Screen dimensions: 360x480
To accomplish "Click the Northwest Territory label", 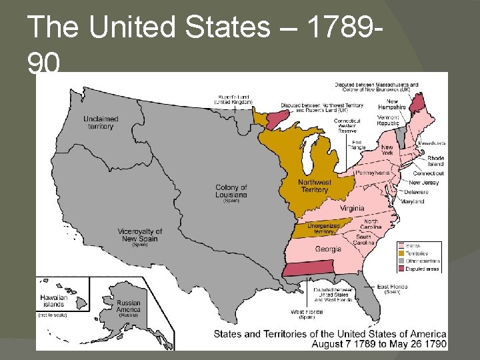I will point(315,186).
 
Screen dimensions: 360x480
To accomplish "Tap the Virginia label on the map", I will point(352,208).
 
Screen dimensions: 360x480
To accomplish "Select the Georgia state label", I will point(328,249).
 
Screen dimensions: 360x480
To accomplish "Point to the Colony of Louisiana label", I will point(231,191).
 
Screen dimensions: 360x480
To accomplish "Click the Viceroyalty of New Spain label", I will point(140,235).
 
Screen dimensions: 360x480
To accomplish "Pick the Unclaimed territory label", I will point(101,123).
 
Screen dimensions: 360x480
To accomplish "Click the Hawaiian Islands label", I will point(53,301).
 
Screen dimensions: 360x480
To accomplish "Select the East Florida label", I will point(392,287).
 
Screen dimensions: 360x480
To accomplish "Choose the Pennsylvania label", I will point(373,173).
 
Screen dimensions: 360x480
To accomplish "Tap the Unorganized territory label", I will point(324,229).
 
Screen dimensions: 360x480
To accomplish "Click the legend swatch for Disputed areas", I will point(401,269).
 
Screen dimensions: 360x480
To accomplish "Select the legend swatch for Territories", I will point(401,253).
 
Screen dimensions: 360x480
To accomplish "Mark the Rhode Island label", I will point(435,161).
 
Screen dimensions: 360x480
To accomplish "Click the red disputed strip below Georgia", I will point(309,268).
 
